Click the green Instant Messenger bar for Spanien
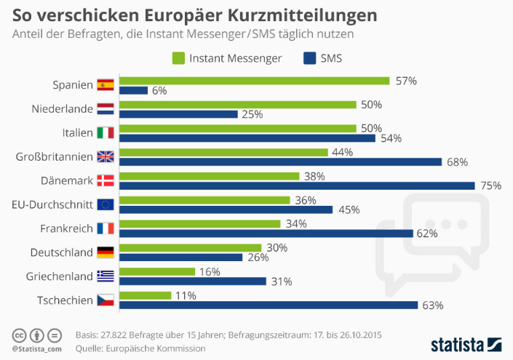[x=254, y=81]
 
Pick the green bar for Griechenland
[x=156, y=271]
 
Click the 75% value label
[x=491, y=185]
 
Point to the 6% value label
[x=159, y=91]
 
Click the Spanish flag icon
[x=106, y=85]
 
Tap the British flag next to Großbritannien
[x=106, y=156]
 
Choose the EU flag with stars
[x=106, y=204]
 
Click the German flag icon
[x=106, y=252]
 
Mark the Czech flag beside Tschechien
[x=106, y=300]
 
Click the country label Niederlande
[x=63, y=109]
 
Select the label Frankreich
[x=66, y=228]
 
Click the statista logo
[x=466, y=343]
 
